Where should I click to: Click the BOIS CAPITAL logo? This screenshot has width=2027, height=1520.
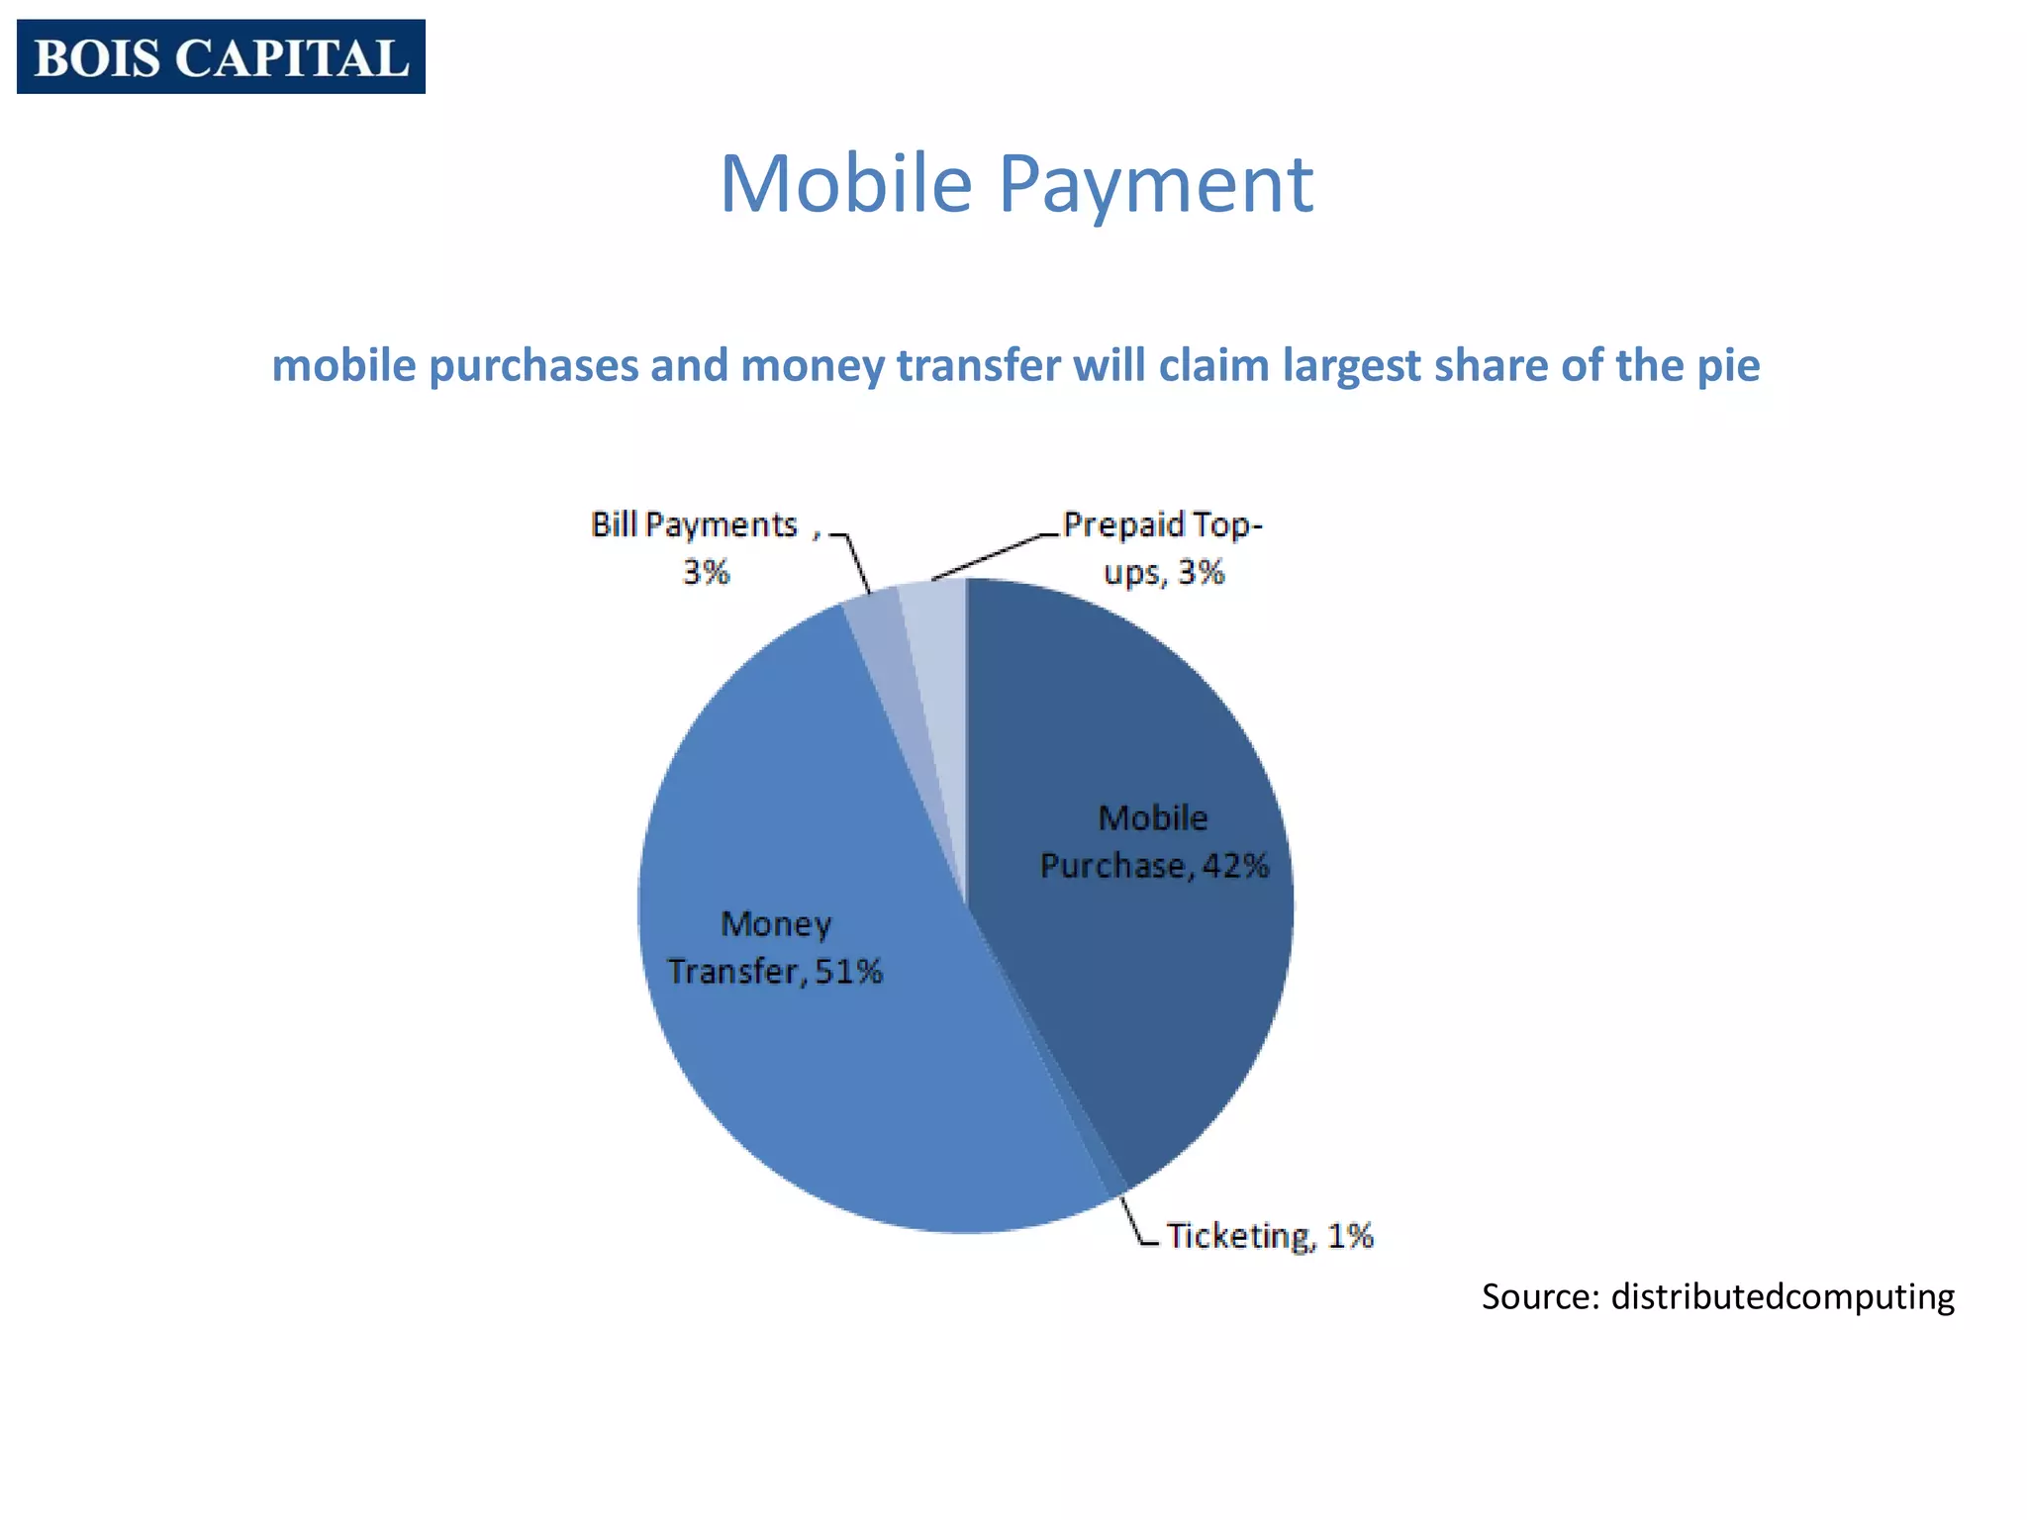(221, 56)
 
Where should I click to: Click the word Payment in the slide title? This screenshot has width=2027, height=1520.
(1156, 185)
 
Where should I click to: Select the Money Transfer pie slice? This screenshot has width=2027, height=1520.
(812, 1069)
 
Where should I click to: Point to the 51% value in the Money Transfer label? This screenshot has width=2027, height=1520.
(848, 971)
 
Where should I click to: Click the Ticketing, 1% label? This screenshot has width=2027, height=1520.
(1270, 1236)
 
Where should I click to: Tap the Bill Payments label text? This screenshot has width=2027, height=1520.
(695, 525)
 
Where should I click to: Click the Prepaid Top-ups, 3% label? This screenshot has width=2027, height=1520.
(1163, 547)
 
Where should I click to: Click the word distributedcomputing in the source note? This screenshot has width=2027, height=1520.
(1783, 1296)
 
